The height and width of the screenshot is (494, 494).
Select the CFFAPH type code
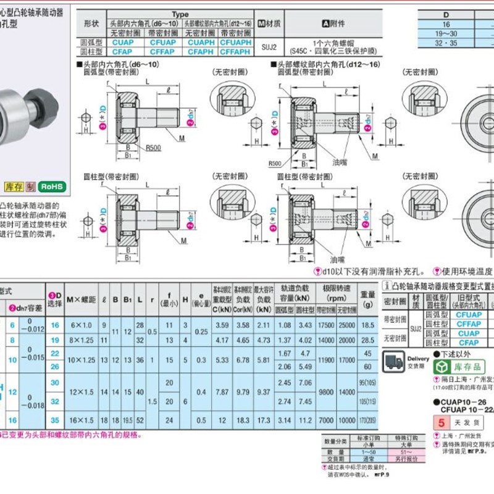click(235, 52)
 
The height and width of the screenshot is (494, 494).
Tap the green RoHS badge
click(52, 186)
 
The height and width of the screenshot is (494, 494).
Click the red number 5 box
click(440, 424)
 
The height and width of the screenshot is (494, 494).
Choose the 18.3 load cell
click(242, 420)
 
